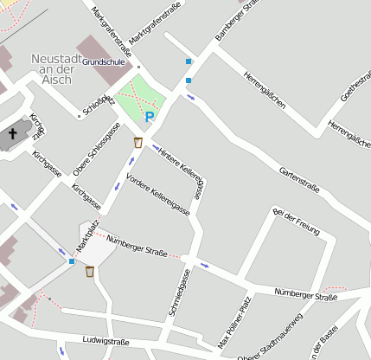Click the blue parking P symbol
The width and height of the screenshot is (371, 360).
150,116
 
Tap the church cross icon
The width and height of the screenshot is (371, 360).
12,134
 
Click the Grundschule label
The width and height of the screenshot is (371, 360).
105,63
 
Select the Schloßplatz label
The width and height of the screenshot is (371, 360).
98,104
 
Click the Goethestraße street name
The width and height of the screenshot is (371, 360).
355,87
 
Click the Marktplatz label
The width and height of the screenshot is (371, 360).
88,236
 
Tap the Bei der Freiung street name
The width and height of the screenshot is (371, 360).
296,222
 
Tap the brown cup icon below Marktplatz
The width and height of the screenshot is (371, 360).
90,273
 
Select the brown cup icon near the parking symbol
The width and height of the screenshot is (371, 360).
138,142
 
